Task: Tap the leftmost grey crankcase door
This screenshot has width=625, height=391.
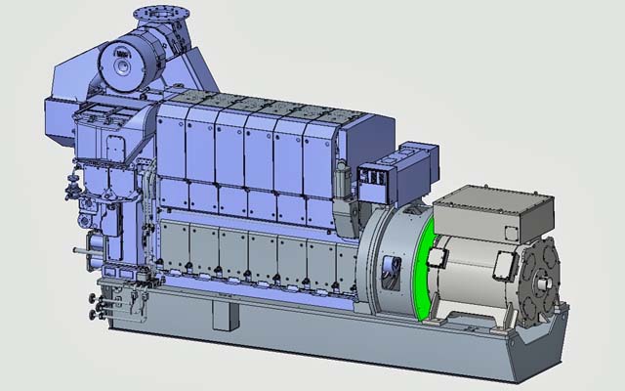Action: click(x=175, y=248)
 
